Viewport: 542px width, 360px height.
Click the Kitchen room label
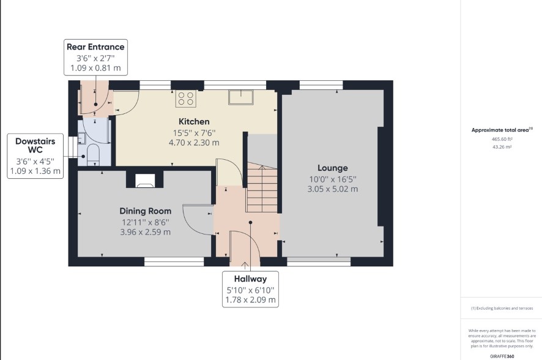(194, 122)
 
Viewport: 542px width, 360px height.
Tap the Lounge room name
(333, 168)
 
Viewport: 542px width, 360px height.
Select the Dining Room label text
(145, 211)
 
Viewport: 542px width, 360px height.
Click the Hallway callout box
(250, 289)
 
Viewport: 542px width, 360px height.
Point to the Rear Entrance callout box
(96, 58)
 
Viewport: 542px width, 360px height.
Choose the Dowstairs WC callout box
(35, 156)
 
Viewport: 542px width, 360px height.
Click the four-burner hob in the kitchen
(186, 98)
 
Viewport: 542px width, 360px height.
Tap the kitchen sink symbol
(241, 97)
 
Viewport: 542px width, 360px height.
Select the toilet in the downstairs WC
(93, 154)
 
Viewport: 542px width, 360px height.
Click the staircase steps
(262, 188)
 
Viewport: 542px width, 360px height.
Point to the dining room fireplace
(145, 180)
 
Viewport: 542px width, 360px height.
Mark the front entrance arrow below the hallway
(245, 266)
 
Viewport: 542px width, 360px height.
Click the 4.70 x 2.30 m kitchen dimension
(194, 143)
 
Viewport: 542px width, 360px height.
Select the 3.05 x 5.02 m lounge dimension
(333, 189)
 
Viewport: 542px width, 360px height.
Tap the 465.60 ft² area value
(502, 139)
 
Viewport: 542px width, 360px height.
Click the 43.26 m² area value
(502, 147)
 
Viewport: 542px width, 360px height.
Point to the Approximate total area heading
(502, 130)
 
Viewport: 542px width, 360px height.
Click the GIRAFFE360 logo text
(502, 356)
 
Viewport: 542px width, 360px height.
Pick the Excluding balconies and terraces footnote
(502, 308)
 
